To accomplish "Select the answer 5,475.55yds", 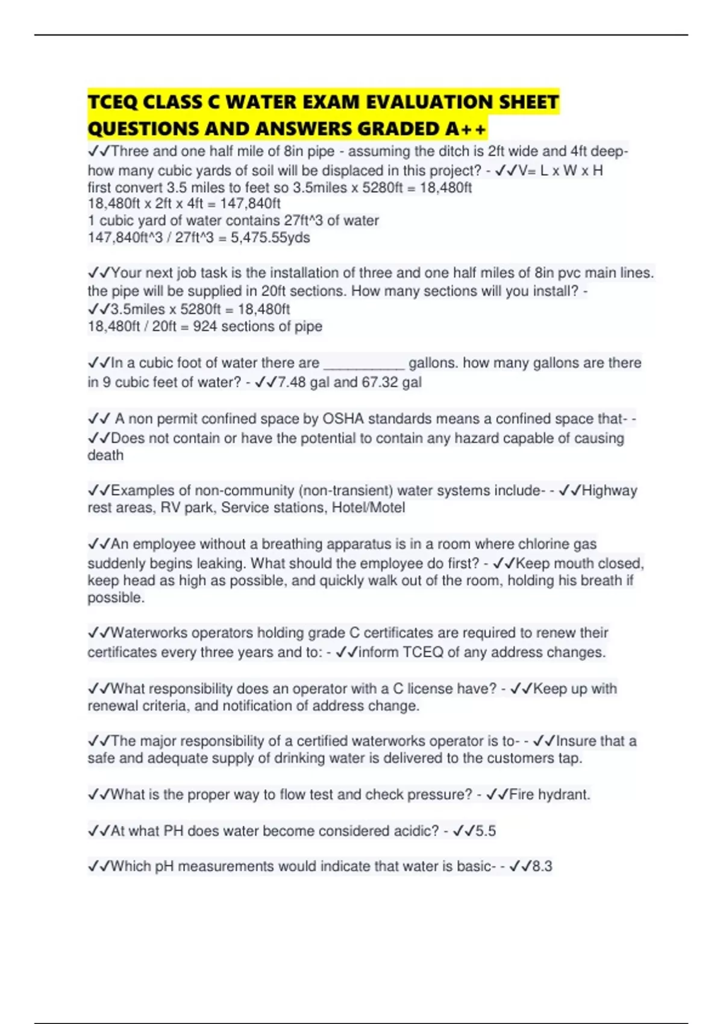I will point(270,238).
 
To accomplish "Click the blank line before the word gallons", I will point(364,363).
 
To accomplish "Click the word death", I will point(105,455).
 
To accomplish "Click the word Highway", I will point(609,490).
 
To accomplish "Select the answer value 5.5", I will point(485,831).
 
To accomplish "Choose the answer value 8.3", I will point(542,866).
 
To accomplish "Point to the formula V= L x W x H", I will point(560,170).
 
